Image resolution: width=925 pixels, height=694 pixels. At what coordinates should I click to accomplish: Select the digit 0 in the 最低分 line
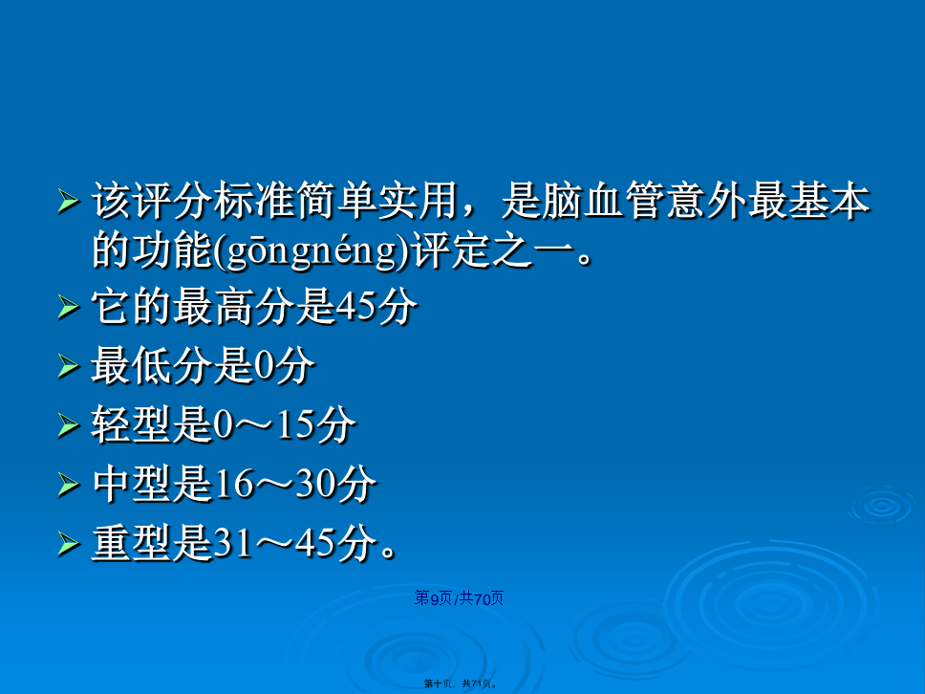tap(265, 366)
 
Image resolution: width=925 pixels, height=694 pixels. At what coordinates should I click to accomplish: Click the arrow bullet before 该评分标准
tap(69, 202)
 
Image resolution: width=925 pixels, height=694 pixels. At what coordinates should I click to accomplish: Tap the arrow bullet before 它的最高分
tap(69, 308)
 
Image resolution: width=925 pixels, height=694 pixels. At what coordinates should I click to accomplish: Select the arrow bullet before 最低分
tap(69, 366)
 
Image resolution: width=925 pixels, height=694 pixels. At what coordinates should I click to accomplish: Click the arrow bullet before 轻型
tap(69, 425)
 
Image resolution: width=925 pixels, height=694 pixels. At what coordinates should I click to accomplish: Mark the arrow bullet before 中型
tap(69, 485)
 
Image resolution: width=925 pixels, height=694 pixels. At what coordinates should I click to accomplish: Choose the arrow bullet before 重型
tap(69, 544)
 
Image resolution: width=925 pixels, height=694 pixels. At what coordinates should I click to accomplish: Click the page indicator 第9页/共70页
tap(459, 598)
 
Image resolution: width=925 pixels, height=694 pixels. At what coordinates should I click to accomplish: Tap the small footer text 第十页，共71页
tap(461, 684)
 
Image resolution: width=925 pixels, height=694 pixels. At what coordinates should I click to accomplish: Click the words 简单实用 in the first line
tap(378, 202)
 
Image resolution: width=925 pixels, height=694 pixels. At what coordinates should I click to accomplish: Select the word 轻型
tap(131, 424)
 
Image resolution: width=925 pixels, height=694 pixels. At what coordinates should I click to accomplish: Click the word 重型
tap(131, 543)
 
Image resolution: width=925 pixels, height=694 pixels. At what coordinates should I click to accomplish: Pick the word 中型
tap(131, 484)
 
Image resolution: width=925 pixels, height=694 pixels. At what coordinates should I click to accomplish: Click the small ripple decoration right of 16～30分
tap(883, 505)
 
